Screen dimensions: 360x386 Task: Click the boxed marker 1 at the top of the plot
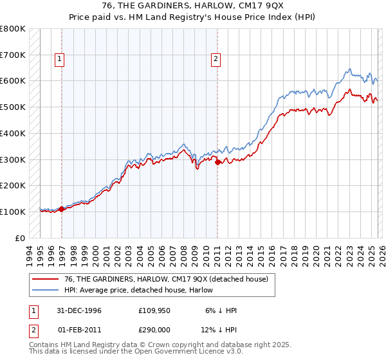coord(59,59)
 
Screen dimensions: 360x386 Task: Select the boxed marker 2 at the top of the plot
coord(216,59)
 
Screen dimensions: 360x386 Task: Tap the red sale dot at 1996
coord(62,209)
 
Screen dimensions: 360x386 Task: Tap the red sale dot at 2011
coord(217,162)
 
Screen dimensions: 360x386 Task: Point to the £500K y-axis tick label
coord(13,107)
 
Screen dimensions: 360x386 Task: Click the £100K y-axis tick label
coord(13,212)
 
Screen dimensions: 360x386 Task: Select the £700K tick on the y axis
coord(13,55)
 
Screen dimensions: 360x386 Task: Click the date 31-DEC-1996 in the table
coord(78,310)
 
